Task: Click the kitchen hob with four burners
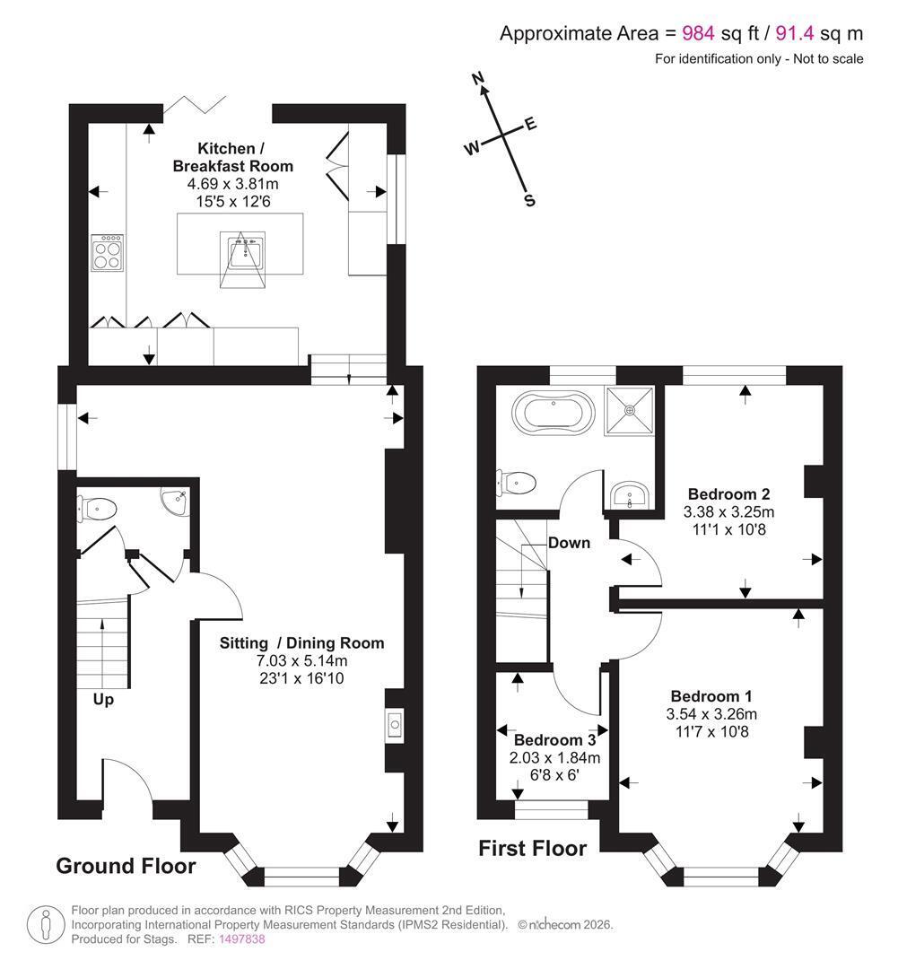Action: point(107,252)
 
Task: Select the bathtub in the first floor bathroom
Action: point(554,412)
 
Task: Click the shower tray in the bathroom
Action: point(629,410)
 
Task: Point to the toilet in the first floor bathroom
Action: point(516,483)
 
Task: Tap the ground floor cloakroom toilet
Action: point(97,510)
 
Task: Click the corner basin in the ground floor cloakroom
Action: point(176,500)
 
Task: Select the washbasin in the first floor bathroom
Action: point(629,495)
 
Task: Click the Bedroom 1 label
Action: point(711,696)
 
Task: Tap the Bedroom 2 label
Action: point(728,494)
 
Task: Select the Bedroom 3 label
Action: point(555,739)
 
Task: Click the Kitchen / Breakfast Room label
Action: point(233,157)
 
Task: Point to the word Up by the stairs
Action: point(103,700)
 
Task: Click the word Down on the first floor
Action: point(569,543)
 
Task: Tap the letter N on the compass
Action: point(478,78)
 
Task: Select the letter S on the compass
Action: point(529,200)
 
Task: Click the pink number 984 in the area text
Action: point(698,33)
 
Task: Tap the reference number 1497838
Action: point(241,939)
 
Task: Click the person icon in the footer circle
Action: point(46,925)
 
